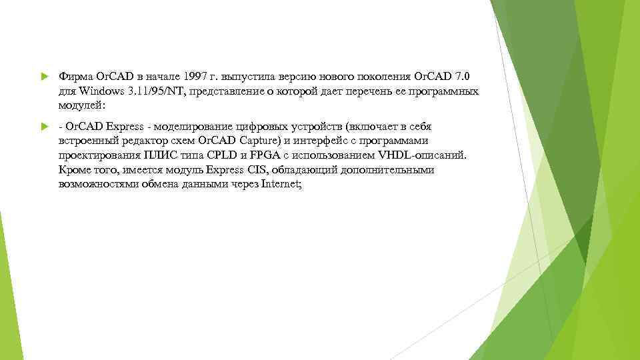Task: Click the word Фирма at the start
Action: pos(73,76)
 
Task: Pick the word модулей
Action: pos(81,105)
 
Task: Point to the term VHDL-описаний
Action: pos(430,156)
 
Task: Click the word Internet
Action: pos(283,185)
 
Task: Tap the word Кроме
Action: pos(74,171)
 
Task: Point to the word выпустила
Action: pos(257,76)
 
